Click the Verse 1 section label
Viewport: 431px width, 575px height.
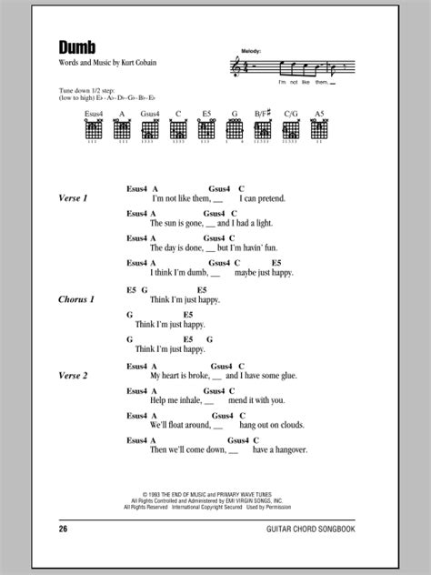(x=73, y=198)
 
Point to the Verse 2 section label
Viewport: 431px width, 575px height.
(x=74, y=376)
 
